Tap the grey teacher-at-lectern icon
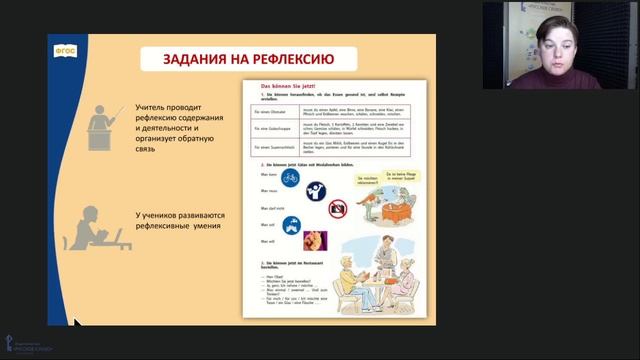(106, 118)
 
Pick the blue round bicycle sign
(290, 176)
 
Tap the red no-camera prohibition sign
(338, 207)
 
